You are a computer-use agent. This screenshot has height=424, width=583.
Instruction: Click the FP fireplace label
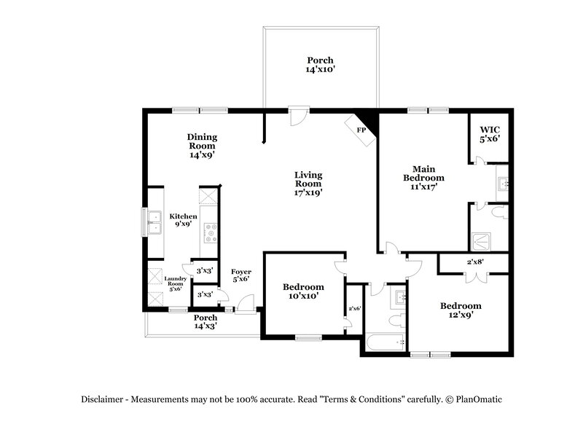click(x=361, y=130)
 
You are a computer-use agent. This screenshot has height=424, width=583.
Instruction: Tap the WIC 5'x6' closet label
click(x=490, y=134)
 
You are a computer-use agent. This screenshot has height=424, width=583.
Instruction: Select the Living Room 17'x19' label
click(x=308, y=184)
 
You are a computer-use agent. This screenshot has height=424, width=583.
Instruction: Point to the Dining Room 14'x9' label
click(x=202, y=146)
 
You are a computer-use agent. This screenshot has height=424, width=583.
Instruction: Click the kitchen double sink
click(x=154, y=222)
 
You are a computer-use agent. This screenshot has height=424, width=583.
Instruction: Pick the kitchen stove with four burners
click(x=210, y=233)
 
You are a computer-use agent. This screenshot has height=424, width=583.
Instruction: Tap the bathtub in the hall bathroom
click(x=386, y=342)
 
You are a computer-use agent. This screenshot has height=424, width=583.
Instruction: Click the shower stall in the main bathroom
click(x=481, y=242)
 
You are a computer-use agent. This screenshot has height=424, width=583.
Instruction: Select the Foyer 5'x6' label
click(x=241, y=275)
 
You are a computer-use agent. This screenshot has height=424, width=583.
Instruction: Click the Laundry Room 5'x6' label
click(x=175, y=283)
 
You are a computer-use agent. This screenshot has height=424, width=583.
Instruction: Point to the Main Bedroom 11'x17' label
click(x=423, y=178)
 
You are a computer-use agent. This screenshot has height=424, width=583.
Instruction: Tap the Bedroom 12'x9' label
click(x=461, y=310)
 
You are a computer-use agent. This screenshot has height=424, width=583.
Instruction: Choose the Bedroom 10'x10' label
click(x=303, y=291)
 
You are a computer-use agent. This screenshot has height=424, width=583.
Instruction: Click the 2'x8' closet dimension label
click(x=475, y=262)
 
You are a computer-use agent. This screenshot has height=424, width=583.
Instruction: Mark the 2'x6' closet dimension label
click(x=355, y=308)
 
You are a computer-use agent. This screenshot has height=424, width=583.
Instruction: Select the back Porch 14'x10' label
click(x=320, y=65)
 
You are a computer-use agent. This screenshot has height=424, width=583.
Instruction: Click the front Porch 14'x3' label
click(x=206, y=322)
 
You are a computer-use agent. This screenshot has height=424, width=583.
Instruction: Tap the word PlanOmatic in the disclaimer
click(x=479, y=399)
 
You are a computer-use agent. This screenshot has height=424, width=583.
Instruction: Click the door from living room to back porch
click(x=299, y=117)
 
